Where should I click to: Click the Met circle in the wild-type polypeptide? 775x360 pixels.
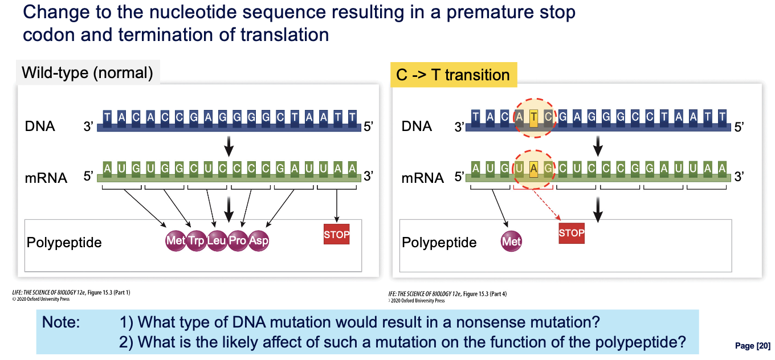click(175, 240)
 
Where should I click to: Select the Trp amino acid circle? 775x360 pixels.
click(196, 240)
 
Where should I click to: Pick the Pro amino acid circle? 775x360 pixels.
click(238, 240)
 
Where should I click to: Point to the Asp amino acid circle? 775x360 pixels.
click(259, 240)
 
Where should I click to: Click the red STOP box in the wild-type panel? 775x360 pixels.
click(336, 234)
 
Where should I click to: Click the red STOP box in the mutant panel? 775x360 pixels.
click(572, 232)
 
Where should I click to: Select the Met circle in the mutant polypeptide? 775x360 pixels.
click(511, 242)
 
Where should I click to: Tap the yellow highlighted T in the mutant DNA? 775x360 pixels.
click(533, 117)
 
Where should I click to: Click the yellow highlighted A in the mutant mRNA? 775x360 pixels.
click(533, 168)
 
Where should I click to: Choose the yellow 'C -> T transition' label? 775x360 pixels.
click(453, 75)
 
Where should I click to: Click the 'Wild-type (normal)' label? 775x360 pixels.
click(87, 73)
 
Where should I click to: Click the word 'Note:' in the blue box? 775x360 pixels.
click(61, 322)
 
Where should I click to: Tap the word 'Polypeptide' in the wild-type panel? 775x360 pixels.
click(64, 243)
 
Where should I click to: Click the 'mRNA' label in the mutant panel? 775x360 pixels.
click(422, 178)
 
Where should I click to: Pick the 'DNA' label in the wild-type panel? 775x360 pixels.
click(40, 126)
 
